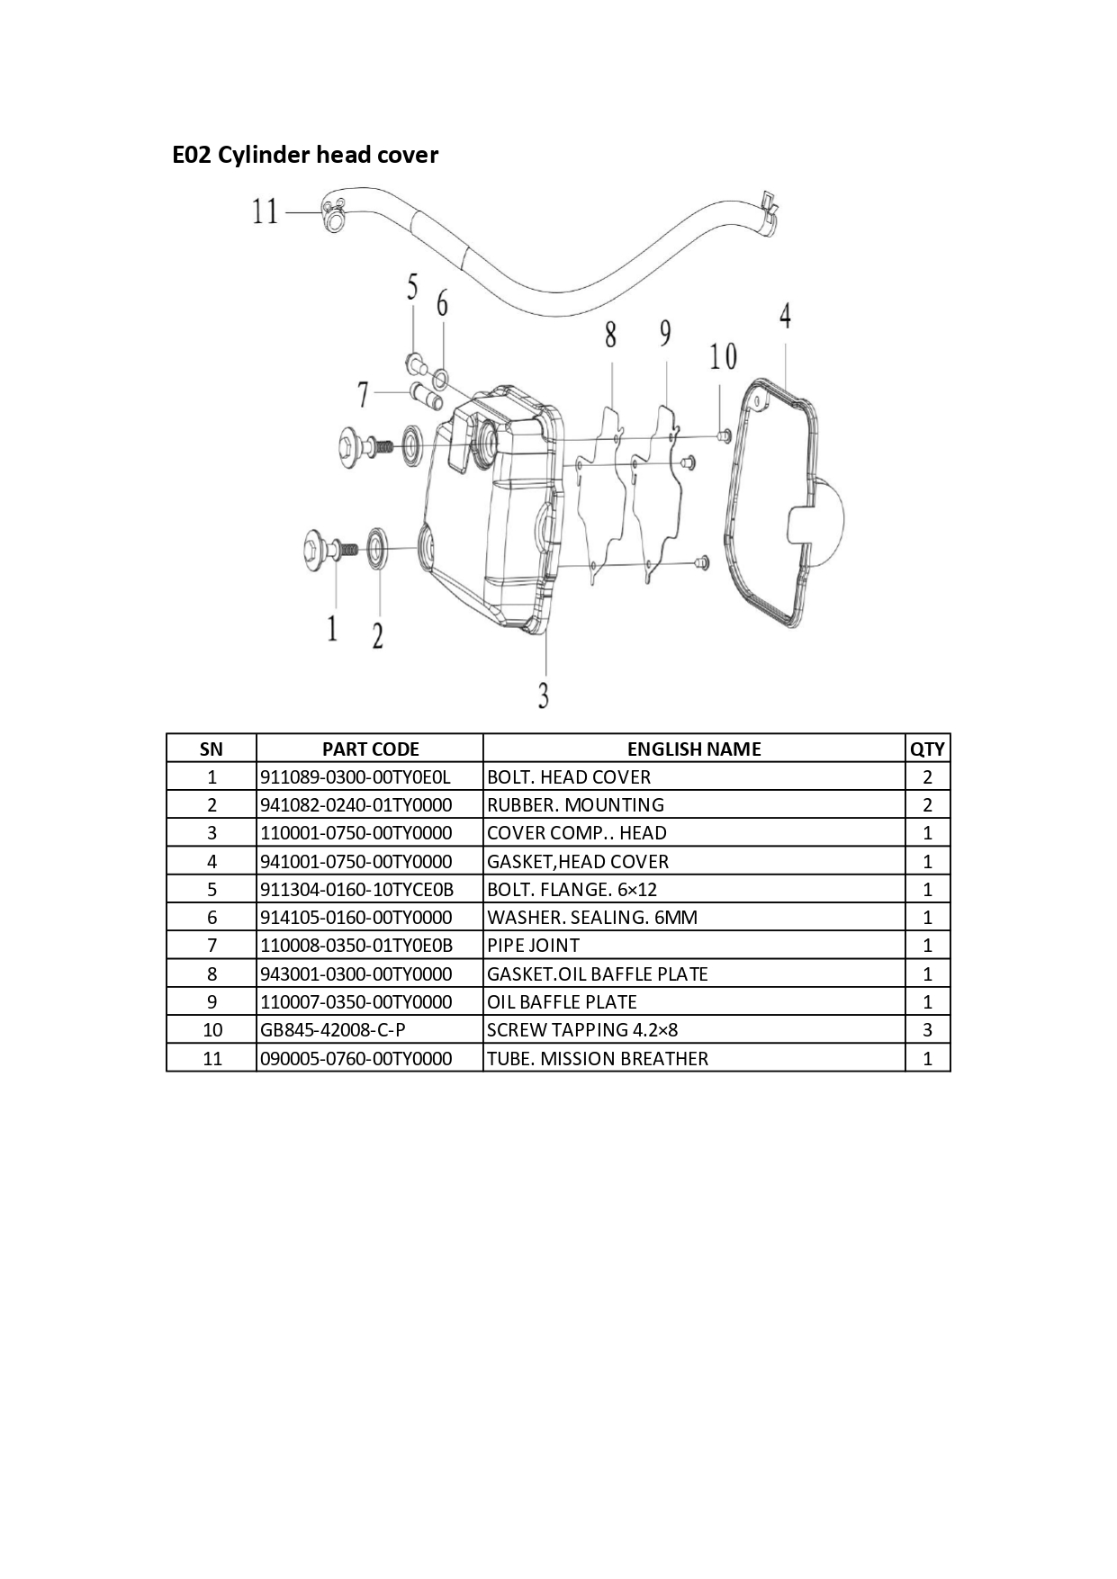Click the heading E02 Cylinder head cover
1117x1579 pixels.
pos(305,156)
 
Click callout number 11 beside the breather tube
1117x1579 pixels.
pos(266,212)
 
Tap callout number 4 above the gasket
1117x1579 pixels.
pos(786,316)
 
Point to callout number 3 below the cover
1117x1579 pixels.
pos(544,695)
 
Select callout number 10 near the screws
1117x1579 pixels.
pos(723,357)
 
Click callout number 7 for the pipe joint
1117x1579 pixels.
pos(364,394)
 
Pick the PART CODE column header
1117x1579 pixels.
pos(370,749)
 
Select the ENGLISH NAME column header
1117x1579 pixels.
pos(694,749)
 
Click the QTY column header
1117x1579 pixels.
pos(928,749)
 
